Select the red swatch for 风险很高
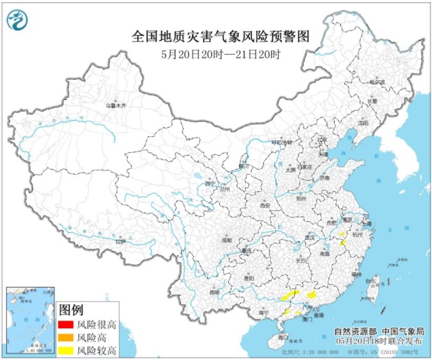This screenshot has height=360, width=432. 66,325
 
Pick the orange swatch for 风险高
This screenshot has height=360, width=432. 66,337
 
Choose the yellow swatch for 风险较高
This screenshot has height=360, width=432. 66,350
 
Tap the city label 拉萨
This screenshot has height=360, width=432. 120,241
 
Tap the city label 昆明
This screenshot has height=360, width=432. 215,292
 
